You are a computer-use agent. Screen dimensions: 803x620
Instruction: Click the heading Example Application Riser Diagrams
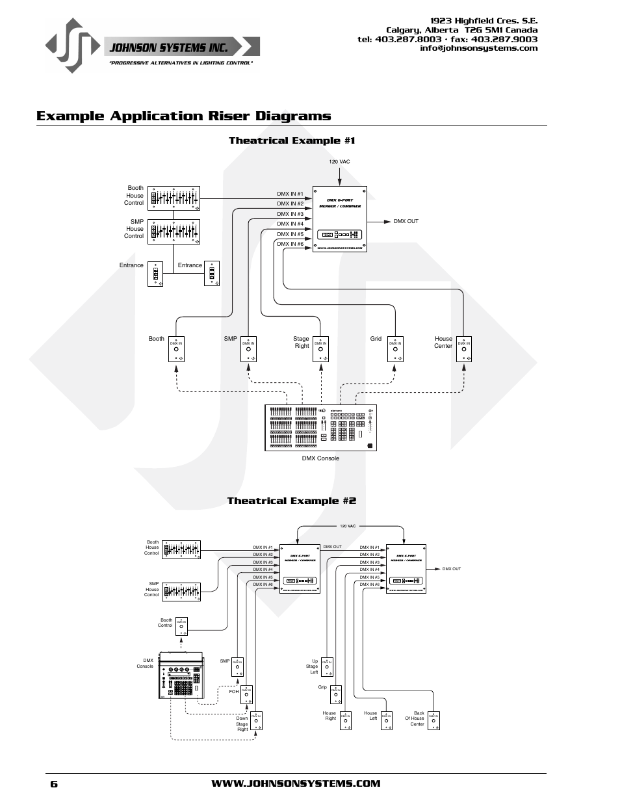pyautogui.click(x=184, y=116)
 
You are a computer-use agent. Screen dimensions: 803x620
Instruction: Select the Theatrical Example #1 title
pyautogui.click(x=292, y=140)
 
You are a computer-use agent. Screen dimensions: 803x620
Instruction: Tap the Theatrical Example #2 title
pyautogui.click(x=291, y=501)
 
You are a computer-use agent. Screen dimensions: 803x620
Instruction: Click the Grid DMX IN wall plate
pyautogui.click(x=395, y=349)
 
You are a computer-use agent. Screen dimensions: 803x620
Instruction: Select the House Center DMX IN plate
pyautogui.click(x=463, y=349)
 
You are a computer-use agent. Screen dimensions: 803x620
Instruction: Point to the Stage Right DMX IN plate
pyautogui.click(x=320, y=349)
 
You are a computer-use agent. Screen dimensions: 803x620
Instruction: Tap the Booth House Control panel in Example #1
pyautogui.click(x=174, y=198)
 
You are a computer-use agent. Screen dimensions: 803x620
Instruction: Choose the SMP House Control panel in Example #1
pyautogui.click(x=174, y=231)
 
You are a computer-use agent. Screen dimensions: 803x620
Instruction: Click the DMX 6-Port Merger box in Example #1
pyautogui.click(x=340, y=218)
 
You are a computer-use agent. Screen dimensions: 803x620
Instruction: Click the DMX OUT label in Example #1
pyautogui.click(x=406, y=222)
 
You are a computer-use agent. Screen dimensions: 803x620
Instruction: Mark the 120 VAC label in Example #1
pyautogui.click(x=339, y=162)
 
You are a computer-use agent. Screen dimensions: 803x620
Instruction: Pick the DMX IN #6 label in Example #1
pyautogui.click(x=290, y=244)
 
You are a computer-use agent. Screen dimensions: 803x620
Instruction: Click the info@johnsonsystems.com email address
pyautogui.click(x=478, y=48)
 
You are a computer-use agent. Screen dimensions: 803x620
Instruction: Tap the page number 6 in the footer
pyautogui.click(x=54, y=784)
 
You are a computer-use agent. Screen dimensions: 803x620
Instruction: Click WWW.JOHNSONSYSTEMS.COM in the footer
pyautogui.click(x=296, y=784)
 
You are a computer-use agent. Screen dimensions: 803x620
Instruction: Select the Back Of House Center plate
pyautogui.click(x=434, y=720)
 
